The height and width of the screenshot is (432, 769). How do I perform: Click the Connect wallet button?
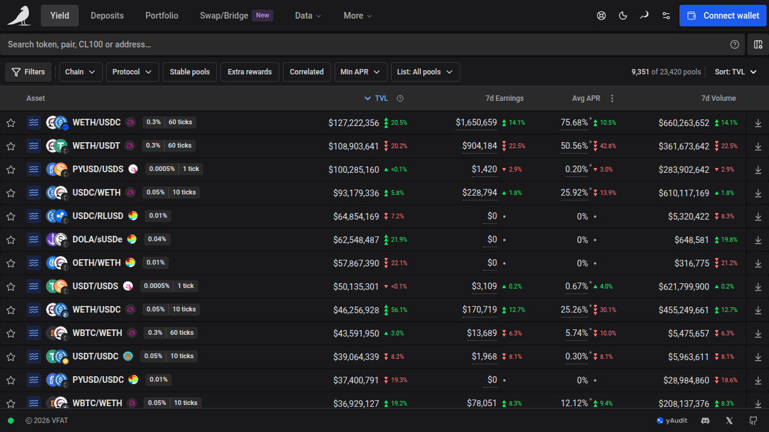point(723,16)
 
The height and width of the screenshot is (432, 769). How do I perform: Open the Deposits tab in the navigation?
point(107,16)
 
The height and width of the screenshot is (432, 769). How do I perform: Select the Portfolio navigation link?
point(162,16)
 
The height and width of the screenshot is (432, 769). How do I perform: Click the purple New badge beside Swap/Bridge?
point(263,16)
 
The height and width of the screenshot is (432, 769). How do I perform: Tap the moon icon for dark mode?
point(623,16)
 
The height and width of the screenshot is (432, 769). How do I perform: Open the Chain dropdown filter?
point(81,72)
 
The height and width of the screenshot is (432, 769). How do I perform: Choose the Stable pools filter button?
point(189,72)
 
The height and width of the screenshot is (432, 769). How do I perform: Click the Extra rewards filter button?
point(249,72)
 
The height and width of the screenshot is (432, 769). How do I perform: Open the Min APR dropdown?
point(360,72)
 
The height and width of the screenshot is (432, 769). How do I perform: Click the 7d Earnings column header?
point(504,98)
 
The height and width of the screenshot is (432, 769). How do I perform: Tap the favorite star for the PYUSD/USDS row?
point(11,170)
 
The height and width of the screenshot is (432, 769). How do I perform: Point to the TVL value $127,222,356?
point(354,123)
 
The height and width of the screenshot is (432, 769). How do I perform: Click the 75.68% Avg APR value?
point(574,122)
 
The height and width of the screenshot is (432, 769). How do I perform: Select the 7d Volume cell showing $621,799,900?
point(684,287)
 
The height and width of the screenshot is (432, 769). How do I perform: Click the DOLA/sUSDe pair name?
point(97,239)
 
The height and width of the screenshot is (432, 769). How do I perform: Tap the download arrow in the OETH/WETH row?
point(758,263)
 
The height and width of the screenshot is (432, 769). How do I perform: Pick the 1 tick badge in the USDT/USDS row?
point(186,286)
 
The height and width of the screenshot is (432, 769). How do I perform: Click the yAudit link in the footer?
point(672,421)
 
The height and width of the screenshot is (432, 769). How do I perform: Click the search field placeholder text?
point(79,44)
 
